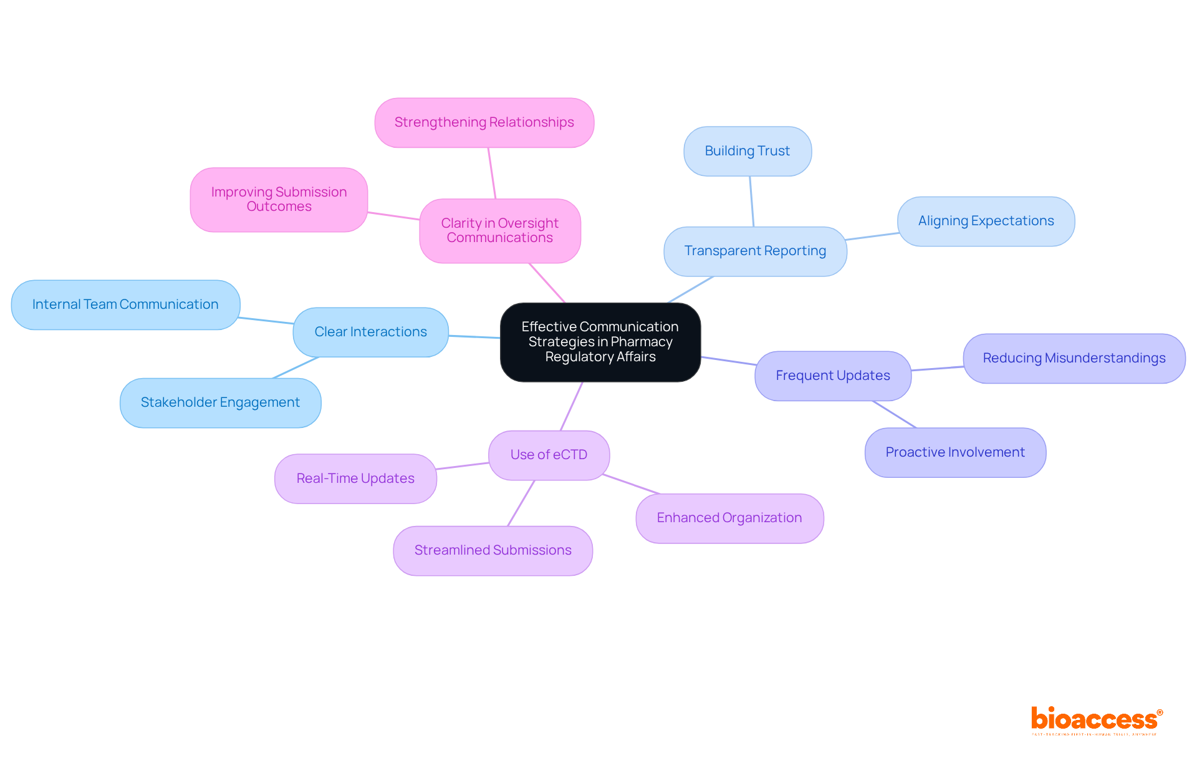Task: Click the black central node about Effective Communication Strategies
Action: (600, 342)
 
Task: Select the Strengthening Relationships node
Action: (484, 122)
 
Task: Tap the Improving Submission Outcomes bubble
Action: (279, 199)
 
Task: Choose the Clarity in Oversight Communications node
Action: (499, 230)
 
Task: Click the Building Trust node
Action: (747, 151)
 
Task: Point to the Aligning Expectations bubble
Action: (986, 221)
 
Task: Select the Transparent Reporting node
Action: (755, 251)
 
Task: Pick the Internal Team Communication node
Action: (125, 304)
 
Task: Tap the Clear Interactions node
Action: (370, 332)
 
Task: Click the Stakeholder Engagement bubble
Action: (220, 402)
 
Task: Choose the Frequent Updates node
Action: (832, 376)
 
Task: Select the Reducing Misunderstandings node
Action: (1074, 358)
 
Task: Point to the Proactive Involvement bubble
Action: (954, 452)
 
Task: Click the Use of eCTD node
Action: (549, 455)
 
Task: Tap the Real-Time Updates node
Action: (355, 479)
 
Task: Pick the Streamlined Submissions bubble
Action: (493, 550)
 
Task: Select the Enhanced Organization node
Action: (729, 518)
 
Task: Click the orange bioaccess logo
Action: (1096, 720)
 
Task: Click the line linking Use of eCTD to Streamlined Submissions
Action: (521, 503)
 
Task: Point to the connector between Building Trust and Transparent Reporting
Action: (752, 202)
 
